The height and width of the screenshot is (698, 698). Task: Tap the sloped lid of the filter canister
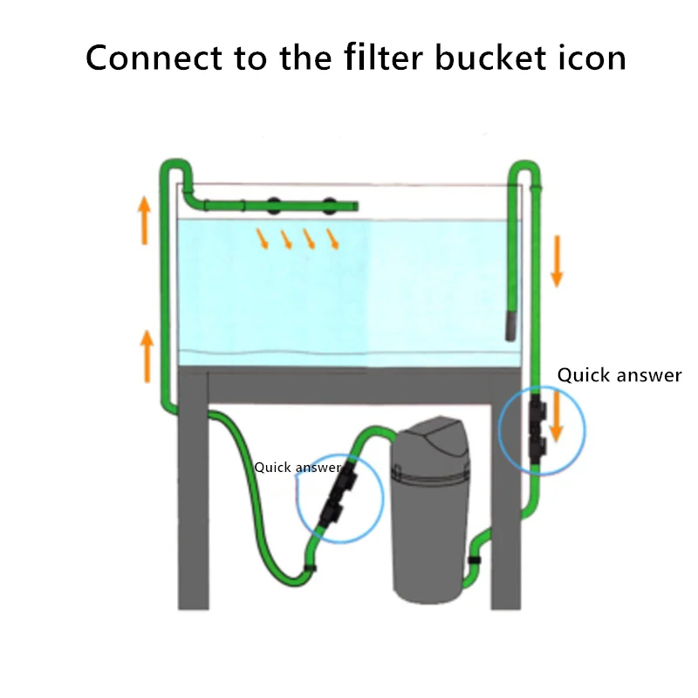445,441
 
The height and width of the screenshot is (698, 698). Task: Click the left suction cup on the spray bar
274,206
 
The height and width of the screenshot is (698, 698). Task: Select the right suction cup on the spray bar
329,206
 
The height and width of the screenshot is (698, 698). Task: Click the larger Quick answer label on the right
619,375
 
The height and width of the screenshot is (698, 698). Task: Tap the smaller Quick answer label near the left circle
297,468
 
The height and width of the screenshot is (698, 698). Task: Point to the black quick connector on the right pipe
537,428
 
